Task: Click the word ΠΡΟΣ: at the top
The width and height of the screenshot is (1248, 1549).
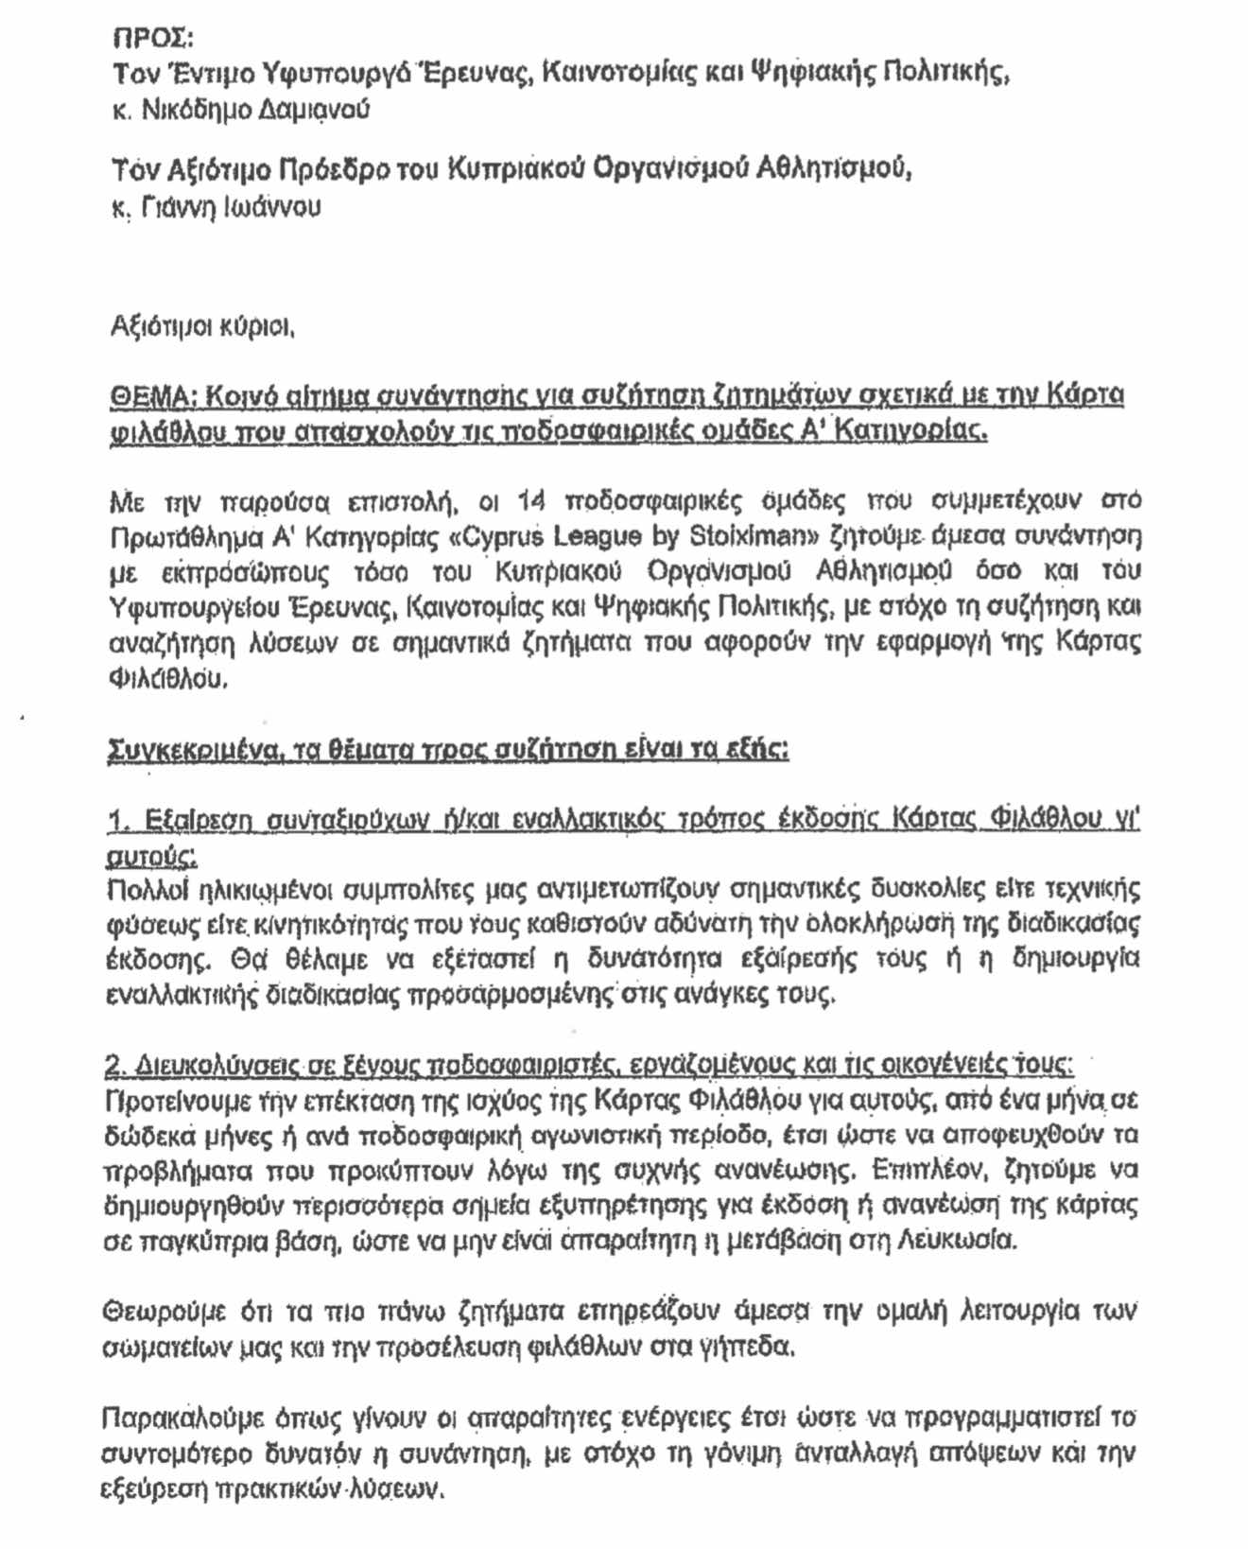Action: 152,39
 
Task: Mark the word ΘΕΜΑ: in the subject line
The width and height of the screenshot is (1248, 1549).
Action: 154,396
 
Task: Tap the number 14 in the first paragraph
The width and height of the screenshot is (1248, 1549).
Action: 533,500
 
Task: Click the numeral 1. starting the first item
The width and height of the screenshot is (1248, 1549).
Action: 118,820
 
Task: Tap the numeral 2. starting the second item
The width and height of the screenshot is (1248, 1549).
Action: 115,1066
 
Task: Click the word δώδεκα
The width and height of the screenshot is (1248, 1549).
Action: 146,1136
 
